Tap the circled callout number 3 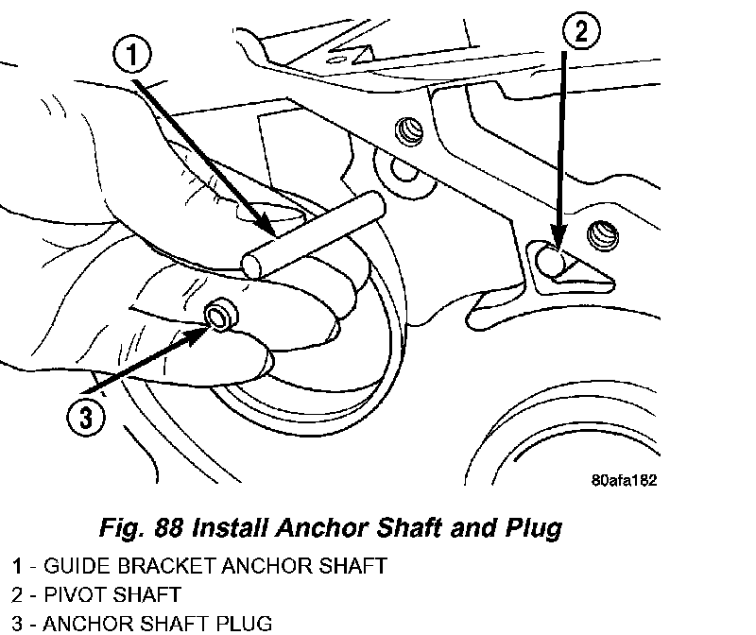[84, 418]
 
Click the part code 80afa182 [617, 479]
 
